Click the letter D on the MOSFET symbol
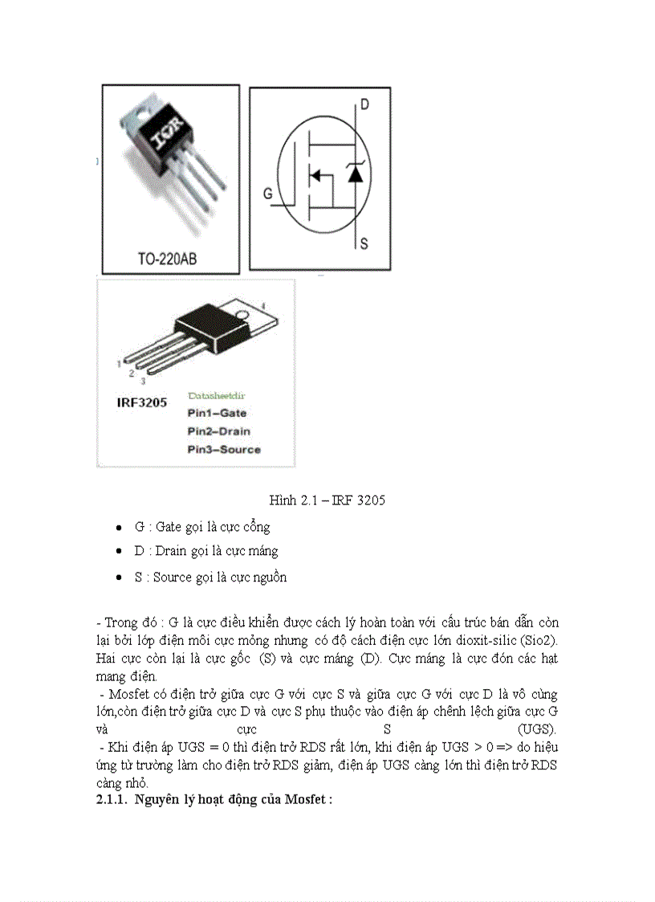click(364, 104)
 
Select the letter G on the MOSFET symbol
click(267, 194)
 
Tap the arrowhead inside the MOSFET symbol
click(316, 175)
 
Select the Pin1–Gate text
click(217, 413)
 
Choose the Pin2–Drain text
click(218, 431)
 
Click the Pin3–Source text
click(223, 450)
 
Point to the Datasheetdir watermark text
click(217, 395)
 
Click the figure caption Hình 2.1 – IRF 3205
click(327, 500)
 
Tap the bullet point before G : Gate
click(119, 528)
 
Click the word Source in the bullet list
click(173, 577)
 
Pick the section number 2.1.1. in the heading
click(112, 799)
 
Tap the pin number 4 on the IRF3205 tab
click(262, 305)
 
